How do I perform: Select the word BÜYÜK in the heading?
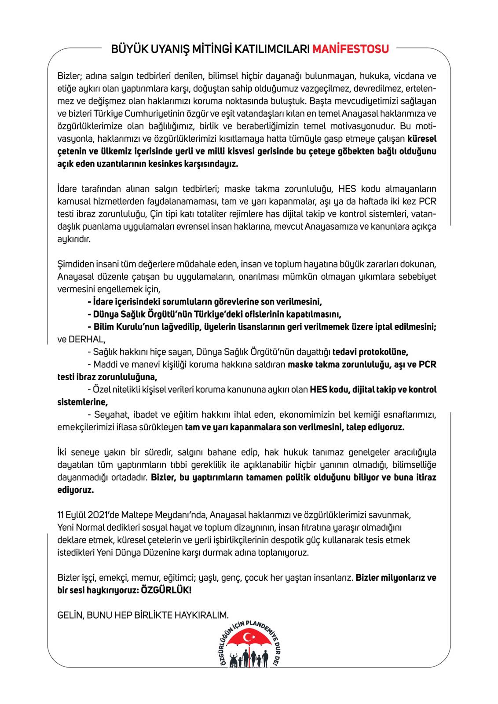[x=126, y=49]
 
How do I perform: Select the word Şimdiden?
[x=75, y=264]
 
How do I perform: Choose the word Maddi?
[x=104, y=365]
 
